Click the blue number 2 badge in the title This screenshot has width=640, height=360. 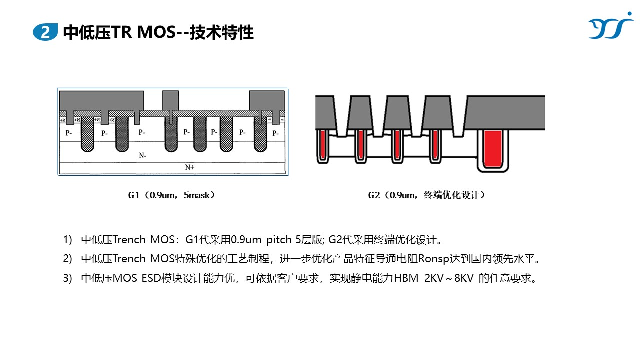[45, 33]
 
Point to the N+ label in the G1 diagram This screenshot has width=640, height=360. [190, 168]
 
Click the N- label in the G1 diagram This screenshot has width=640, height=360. [143, 155]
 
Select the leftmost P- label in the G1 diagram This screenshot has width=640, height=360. [68, 133]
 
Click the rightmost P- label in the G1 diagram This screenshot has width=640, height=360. [275, 133]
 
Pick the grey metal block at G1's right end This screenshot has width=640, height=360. [267, 102]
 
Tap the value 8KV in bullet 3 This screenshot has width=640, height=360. [464, 278]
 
